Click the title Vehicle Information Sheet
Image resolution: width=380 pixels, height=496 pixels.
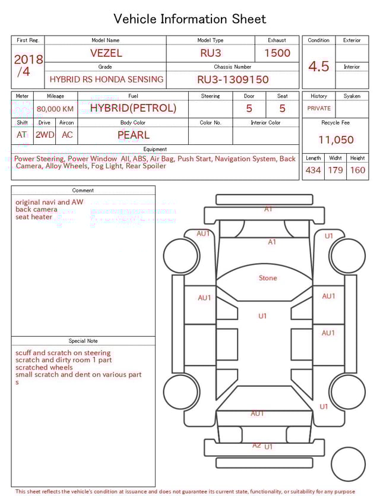190,19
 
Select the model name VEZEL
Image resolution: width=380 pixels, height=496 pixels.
106,53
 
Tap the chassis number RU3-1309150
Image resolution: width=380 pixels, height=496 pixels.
233,79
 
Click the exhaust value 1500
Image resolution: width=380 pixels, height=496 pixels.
277,53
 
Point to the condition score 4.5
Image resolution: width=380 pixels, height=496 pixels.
318,67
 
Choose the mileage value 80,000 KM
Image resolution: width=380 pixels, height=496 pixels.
55,109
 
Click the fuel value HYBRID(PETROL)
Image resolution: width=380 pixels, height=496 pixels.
133,108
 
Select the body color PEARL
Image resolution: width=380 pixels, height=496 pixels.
133,135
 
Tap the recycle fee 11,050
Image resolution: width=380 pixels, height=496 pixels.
335,140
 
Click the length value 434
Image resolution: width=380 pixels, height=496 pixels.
313,170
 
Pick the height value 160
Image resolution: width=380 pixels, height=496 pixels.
357,170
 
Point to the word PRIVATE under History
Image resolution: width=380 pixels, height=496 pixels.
319,108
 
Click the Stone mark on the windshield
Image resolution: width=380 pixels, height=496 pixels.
268,278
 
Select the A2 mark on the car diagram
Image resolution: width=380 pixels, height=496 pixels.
256,445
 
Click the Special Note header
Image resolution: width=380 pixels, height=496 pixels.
83,341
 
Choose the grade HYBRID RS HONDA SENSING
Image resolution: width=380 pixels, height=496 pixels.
106,79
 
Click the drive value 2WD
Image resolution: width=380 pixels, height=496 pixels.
45,135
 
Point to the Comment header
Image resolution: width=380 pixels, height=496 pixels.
83,190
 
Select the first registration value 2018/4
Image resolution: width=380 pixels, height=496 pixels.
28,65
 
